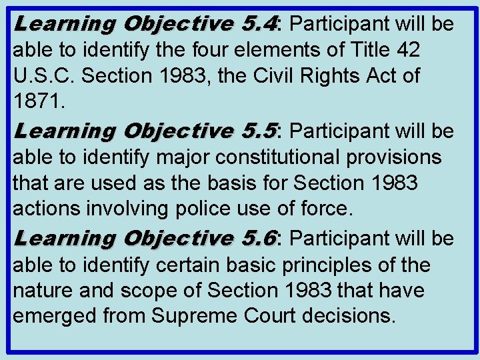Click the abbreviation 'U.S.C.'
pos(41,76)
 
